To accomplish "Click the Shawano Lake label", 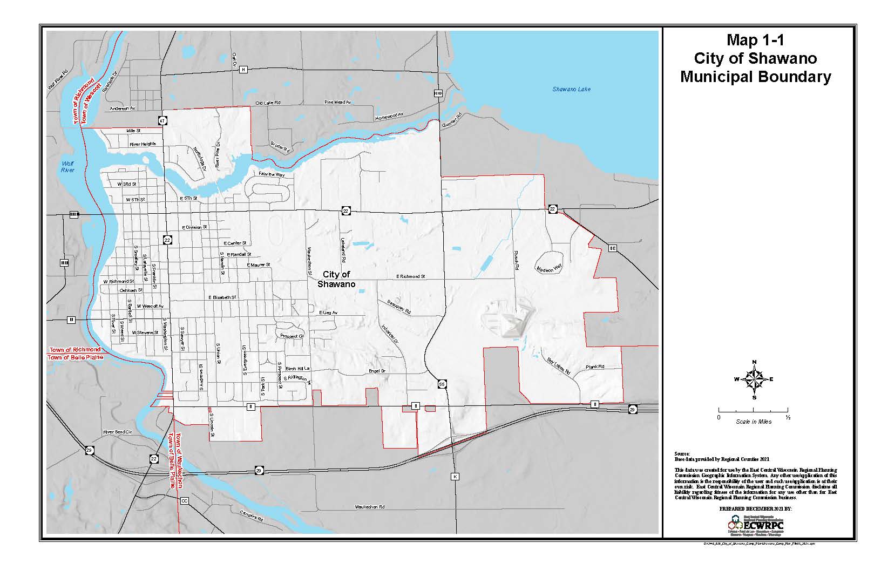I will [571, 89].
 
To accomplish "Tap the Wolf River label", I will [67, 166].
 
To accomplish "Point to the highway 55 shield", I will [442, 384].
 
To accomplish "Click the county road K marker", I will [455, 477].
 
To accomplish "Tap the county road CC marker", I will [184, 501].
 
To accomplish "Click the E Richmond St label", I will [410, 276].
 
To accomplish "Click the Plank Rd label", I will [595, 367].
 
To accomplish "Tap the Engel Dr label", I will [377, 371].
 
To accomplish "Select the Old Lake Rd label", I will [268, 103].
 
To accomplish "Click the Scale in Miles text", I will [753, 422].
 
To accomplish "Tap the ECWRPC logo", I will [756, 524].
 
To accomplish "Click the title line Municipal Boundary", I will [755, 77].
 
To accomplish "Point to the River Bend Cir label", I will [117, 432].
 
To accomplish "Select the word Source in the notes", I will [682, 453].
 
